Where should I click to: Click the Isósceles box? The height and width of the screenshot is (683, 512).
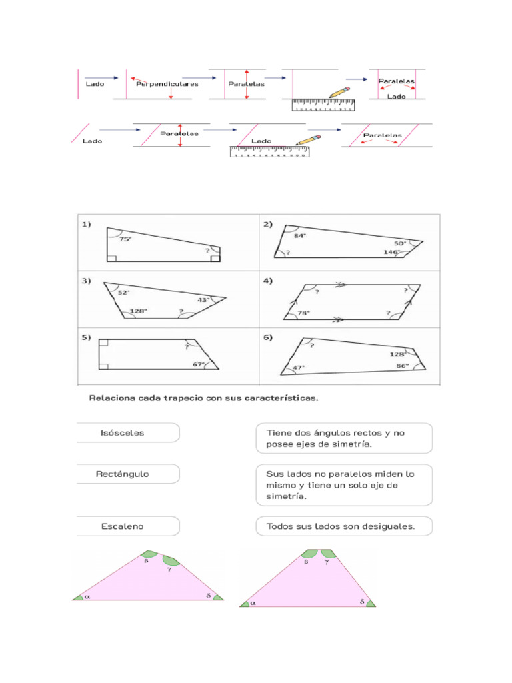point(128,432)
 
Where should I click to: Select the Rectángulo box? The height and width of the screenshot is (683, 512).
point(128,474)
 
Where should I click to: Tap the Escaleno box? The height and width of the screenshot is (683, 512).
point(128,526)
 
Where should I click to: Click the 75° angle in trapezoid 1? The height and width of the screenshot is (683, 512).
point(125,239)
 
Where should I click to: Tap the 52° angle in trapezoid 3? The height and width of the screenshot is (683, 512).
point(123,292)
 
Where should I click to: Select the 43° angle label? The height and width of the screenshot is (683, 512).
point(203,300)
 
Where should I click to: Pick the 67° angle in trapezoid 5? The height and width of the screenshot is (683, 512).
point(199,364)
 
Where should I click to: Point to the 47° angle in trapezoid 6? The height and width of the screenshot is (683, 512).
point(297,367)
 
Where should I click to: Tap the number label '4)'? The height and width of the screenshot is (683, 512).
point(268,281)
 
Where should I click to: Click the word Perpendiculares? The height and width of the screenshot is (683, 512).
point(167,84)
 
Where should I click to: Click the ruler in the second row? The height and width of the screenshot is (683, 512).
point(269,152)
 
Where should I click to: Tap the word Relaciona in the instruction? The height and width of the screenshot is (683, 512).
point(113,399)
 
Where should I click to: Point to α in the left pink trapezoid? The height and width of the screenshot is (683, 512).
point(87,597)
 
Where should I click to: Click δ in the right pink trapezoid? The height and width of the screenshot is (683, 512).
point(362,602)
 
